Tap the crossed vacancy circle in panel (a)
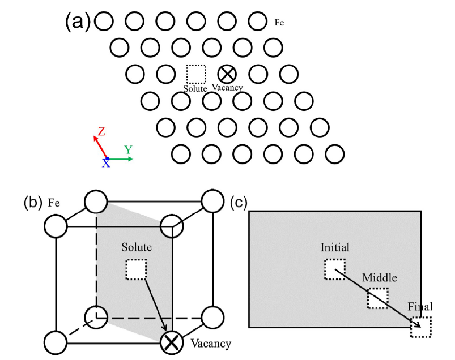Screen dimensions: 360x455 (227, 73)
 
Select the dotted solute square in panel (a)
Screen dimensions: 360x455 (196, 74)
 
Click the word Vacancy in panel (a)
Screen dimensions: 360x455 (227, 87)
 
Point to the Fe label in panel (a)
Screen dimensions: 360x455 (279, 23)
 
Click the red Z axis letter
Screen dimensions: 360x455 (101, 132)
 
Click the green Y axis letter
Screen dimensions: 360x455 (129, 149)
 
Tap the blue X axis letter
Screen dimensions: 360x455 (106, 164)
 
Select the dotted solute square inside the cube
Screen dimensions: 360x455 (136, 269)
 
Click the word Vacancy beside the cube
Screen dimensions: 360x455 (210, 342)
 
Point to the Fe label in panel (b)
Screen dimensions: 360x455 (54, 202)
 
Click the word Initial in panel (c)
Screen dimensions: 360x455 (334, 247)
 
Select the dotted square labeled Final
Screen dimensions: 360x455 (420, 327)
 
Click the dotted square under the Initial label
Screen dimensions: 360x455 (334, 268)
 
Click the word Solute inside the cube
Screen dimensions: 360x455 (136, 248)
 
